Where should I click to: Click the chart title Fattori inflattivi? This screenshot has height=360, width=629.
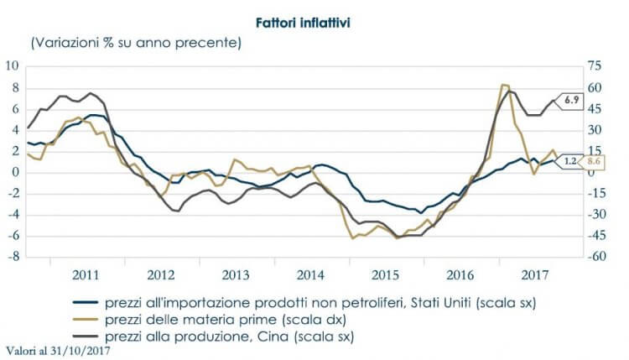(x=314, y=18)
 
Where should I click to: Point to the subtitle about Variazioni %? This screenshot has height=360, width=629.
(x=136, y=41)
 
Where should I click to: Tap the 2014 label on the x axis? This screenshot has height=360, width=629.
(x=310, y=274)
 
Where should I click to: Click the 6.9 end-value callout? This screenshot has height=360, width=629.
(x=573, y=100)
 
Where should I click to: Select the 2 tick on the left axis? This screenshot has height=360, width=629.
(x=14, y=151)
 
